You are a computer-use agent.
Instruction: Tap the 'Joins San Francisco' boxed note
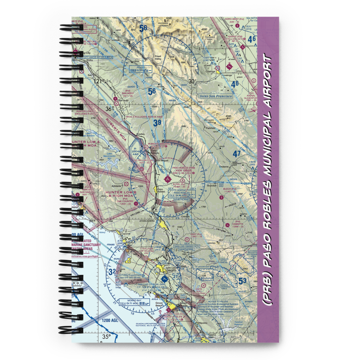click(x=216, y=96)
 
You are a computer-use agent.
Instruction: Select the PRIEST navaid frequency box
click(x=138, y=69)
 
